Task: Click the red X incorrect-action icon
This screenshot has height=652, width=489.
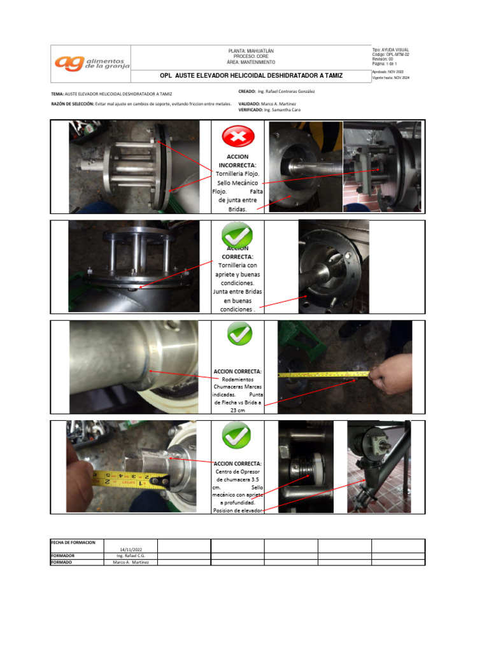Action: (x=238, y=136)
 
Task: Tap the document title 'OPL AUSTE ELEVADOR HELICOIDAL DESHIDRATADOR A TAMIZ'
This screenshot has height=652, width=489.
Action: (x=251, y=76)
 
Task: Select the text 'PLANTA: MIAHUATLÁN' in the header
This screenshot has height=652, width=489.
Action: (x=251, y=50)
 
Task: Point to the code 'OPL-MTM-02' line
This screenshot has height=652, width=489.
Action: (x=390, y=55)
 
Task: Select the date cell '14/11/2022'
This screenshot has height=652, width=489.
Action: (x=130, y=549)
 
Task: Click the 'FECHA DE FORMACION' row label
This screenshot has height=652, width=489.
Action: (x=73, y=542)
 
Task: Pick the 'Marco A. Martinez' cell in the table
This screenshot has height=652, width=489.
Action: (x=130, y=562)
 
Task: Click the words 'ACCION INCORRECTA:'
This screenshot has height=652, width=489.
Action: (x=237, y=160)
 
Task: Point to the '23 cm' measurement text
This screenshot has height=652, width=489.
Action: (x=237, y=411)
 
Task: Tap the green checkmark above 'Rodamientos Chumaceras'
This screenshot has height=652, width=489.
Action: (x=238, y=334)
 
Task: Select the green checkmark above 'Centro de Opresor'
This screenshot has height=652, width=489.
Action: (x=237, y=436)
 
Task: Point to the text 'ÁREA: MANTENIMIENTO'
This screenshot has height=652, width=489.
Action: (x=251, y=62)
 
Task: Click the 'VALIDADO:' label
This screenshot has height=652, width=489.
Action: (x=249, y=103)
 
